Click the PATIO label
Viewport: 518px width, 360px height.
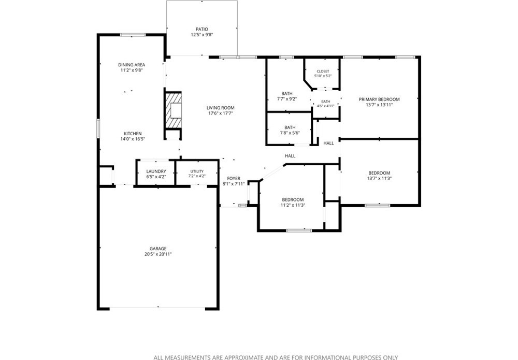[202, 29]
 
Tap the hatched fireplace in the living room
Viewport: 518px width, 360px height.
[174, 110]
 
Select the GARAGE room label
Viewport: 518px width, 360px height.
[158, 248]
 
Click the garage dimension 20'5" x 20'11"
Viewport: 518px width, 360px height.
[158, 254]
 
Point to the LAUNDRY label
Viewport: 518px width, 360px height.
[156, 171]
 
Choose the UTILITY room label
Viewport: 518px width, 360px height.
[197, 171]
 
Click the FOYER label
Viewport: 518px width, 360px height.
[234, 178]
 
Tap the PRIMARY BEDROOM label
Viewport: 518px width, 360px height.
[379, 99]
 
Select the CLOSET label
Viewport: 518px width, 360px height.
[323, 71]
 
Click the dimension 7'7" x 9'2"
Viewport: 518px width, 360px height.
[287, 99]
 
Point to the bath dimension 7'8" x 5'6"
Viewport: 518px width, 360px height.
[290, 133]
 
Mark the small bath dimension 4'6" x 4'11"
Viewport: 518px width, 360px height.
[325, 106]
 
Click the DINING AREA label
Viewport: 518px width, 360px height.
[132, 65]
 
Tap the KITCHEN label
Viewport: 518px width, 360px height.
[133, 134]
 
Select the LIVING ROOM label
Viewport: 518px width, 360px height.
[220, 108]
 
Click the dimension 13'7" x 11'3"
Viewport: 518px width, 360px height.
[379, 178]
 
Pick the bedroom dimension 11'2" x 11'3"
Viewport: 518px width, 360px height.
[293, 205]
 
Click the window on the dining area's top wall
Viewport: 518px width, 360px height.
[133, 35]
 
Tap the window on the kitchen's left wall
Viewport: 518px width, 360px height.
[98, 128]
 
